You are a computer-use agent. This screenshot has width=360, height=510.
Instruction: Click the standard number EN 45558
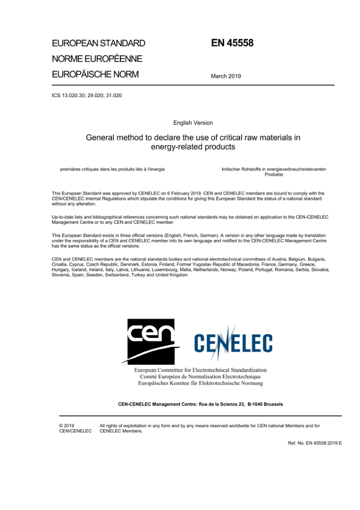click(232, 43)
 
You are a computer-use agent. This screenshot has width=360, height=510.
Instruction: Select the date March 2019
click(226, 76)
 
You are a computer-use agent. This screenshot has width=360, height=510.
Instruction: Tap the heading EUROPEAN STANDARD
click(98, 43)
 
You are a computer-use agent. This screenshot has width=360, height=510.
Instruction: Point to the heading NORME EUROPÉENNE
click(97, 59)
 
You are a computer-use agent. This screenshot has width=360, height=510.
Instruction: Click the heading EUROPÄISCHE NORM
click(95, 74)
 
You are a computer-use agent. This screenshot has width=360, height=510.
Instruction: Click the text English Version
click(193, 123)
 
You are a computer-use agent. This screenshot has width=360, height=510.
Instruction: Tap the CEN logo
click(152, 341)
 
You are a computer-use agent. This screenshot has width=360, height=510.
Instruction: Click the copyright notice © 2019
click(67, 426)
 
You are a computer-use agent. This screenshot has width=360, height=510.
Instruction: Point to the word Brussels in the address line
click(271, 404)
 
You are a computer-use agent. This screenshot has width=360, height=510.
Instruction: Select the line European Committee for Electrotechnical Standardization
click(201, 370)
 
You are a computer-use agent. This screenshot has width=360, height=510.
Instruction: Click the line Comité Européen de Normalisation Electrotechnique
click(201, 376)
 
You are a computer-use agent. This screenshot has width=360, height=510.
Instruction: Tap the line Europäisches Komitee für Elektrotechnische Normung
click(201, 383)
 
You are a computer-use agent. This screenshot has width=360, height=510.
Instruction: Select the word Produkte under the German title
click(274, 174)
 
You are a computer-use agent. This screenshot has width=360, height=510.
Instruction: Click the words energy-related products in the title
click(193, 147)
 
